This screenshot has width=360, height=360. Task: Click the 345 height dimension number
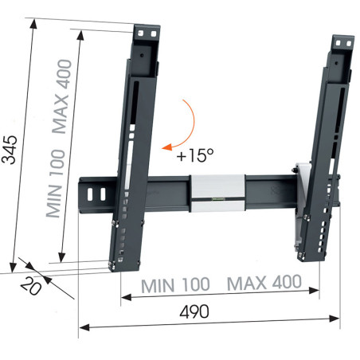tap(10, 150)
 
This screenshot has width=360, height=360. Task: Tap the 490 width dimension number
tap(194, 311)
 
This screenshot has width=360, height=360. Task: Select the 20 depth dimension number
tap(31, 286)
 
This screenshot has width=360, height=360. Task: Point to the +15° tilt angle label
tap(195, 155)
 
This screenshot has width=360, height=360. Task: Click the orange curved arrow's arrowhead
tap(166, 147)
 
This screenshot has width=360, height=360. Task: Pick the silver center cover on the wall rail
tap(218, 193)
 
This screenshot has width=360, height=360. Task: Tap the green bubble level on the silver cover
tap(218, 198)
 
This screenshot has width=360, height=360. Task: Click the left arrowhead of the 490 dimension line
tap(84, 327)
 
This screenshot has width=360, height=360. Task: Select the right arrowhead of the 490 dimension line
tap(335, 319)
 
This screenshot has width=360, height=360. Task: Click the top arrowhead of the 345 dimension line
tap(33, 24)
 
